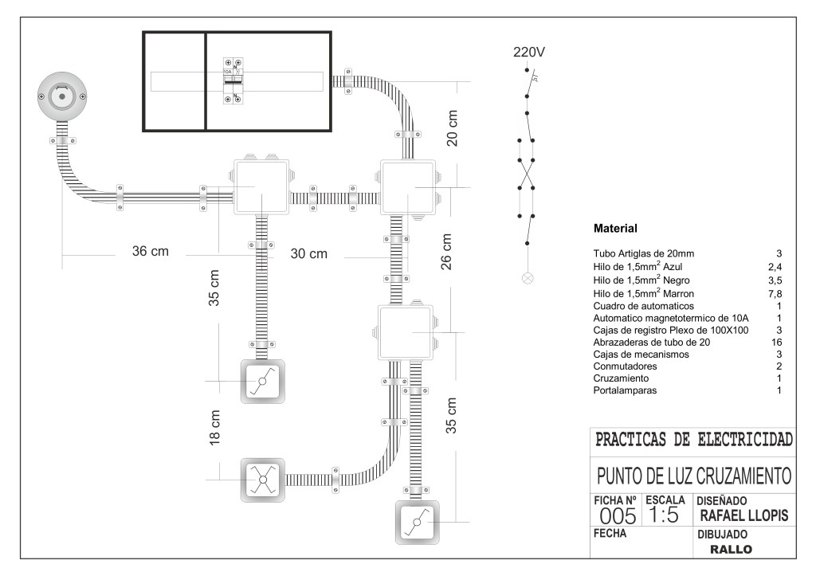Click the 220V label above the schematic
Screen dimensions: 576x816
(x=529, y=53)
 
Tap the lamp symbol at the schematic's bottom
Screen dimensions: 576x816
(x=527, y=278)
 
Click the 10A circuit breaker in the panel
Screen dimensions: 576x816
(x=233, y=80)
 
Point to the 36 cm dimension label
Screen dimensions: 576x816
(x=151, y=251)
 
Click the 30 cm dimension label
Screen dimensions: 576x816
(x=308, y=253)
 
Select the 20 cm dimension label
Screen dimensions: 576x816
(x=452, y=127)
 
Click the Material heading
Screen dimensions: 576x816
(x=615, y=229)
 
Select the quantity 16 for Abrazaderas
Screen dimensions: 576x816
(x=775, y=342)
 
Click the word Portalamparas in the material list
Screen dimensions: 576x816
(x=625, y=390)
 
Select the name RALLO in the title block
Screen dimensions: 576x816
(x=731, y=549)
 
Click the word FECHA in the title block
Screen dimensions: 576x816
(x=610, y=533)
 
